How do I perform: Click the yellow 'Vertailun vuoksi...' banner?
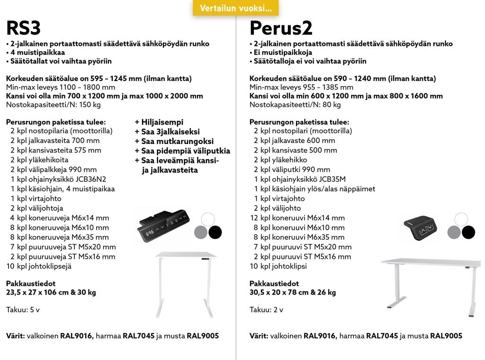[235, 8]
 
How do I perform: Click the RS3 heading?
[23, 28]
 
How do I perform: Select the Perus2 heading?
[281, 28]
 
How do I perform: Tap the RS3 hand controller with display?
[164, 224]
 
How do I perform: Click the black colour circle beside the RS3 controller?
[215, 232]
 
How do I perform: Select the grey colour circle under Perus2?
[454, 232]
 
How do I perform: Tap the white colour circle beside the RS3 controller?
[208, 219]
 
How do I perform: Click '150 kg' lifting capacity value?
[90, 105]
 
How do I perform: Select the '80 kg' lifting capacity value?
[332, 105]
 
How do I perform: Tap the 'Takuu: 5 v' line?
[23, 310]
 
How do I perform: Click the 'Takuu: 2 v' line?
[266, 310]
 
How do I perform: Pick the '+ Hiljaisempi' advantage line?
[159, 122]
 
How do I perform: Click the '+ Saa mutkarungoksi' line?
[174, 141]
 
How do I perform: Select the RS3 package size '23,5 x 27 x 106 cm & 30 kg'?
[51, 292]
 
